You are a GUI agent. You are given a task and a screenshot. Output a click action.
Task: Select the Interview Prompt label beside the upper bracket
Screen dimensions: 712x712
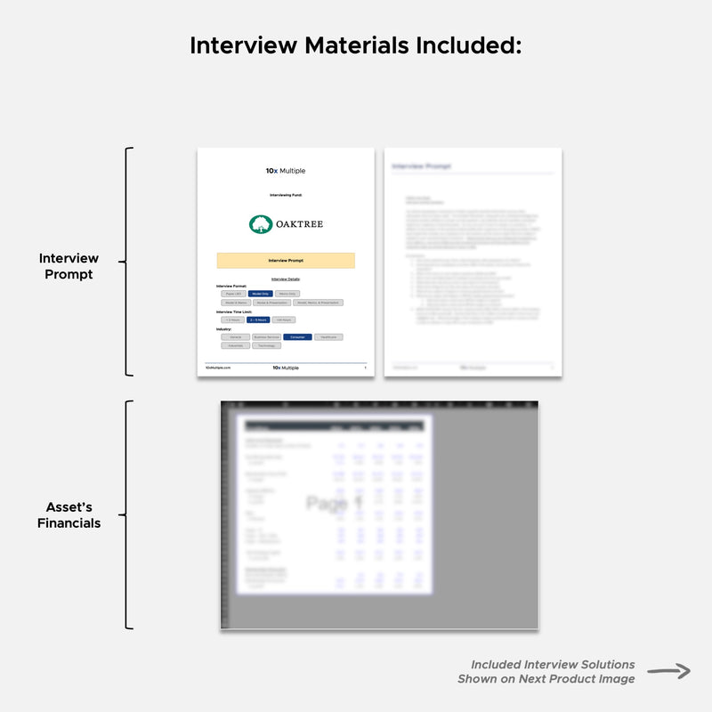tap(69, 266)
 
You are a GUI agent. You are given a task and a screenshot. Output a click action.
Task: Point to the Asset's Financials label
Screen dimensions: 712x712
tap(69, 515)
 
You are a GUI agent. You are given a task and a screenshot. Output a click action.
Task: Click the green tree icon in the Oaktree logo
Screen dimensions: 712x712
tap(259, 224)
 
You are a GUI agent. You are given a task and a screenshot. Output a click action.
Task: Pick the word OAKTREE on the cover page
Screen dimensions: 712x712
tap(297, 224)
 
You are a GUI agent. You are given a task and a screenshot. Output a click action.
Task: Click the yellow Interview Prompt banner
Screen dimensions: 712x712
tap(286, 261)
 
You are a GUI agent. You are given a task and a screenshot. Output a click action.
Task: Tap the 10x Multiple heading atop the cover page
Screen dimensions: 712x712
tap(286, 171)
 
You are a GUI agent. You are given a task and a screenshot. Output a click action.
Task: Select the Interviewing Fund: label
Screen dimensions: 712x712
tap(286, 194)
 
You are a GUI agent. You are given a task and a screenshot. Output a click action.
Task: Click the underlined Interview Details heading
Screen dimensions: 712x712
tap(286, 279)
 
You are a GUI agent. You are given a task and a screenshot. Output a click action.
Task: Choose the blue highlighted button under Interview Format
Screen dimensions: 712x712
tap(260, 293)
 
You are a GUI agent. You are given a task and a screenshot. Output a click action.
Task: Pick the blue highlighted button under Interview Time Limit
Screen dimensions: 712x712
tap(257, 320)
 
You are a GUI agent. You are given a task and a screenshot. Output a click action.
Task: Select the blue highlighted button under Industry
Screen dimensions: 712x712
tap(297, 337)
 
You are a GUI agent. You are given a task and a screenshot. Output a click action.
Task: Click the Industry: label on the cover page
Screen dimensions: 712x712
tap(224, 329)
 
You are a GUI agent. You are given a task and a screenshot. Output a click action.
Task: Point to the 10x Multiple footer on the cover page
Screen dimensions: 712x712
tap(286, 368)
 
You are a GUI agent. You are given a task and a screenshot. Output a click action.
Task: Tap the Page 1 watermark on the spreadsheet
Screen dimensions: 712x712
tap(335, 504)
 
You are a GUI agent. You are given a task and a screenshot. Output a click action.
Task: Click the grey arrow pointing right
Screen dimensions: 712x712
tap(668, 672)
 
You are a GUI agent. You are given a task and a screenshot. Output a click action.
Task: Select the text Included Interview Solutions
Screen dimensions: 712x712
tap(553, 665)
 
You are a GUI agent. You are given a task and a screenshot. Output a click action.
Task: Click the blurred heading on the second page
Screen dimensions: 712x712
tap(422, 166)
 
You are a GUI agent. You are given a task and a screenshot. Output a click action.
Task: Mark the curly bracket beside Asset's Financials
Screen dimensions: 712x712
tap(127, 514)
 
